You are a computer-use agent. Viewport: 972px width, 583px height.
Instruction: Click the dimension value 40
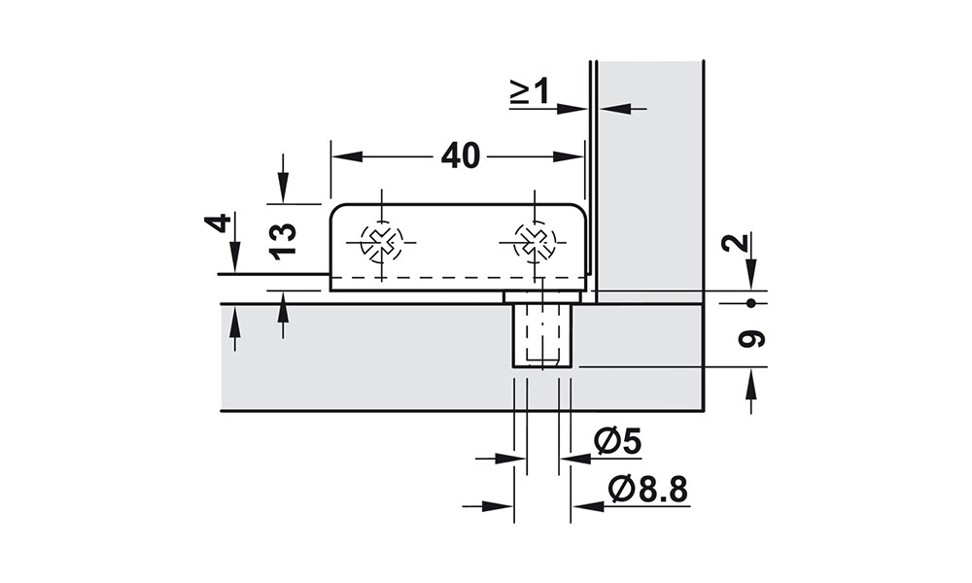pos(461,155)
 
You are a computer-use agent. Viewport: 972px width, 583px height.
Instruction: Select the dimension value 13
pos(283,241)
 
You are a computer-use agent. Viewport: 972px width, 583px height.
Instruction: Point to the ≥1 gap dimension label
pos(530,91)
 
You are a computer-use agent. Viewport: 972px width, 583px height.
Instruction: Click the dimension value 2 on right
pos(736,242)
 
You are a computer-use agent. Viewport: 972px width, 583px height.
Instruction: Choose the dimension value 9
pos(752,338)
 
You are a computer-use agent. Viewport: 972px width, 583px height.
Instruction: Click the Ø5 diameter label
pos(617,442)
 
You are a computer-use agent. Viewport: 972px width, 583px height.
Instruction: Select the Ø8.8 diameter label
pos(648,490)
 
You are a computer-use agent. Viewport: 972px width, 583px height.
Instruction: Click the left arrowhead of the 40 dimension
pos(347,156)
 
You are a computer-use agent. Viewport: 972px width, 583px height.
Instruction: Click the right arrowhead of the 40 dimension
pos(569,156)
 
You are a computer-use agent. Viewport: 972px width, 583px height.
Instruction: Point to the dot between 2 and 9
pos(751,303)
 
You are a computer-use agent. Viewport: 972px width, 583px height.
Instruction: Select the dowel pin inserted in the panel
pos(542,331)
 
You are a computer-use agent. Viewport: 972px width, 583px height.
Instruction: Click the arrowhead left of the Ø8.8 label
pos(499,506)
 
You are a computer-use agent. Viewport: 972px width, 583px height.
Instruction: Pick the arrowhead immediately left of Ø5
pos(511,459)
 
